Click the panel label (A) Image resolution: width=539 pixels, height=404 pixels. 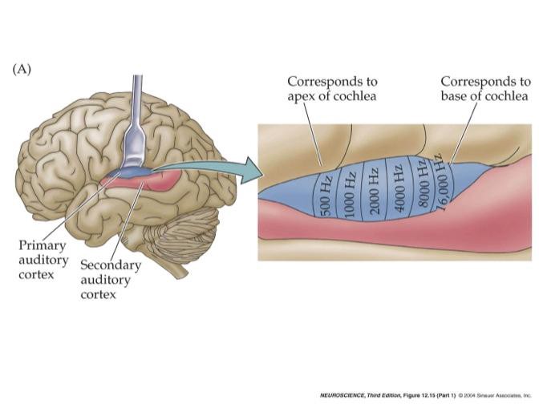click(22, 70)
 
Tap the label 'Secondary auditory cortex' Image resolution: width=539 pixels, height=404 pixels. click(111, 279)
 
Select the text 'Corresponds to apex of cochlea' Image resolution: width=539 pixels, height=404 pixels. click(334, 89)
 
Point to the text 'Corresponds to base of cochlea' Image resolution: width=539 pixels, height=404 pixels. click(484, 89)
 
